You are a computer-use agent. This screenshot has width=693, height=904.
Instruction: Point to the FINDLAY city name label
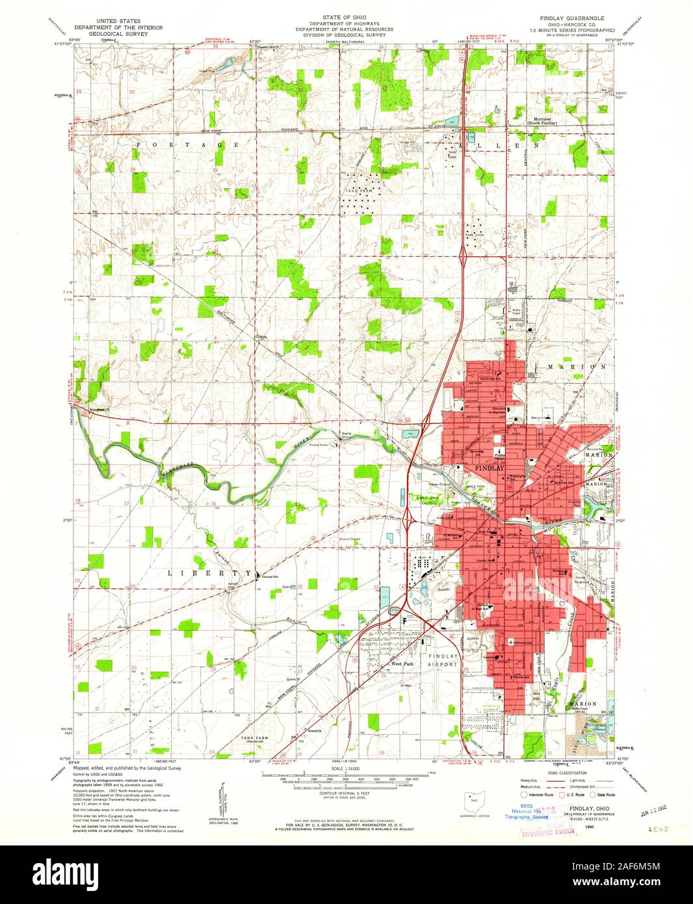click(x=490, y=468)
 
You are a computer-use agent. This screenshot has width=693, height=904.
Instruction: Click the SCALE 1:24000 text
click(x=345, y=769)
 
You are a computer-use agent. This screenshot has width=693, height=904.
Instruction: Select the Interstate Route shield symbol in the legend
click(x=525, y=794)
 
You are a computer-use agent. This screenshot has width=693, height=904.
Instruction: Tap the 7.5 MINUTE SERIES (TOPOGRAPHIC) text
click(x=573, y=30)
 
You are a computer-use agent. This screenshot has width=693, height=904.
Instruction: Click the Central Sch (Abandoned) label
click(x=268, y=577)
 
